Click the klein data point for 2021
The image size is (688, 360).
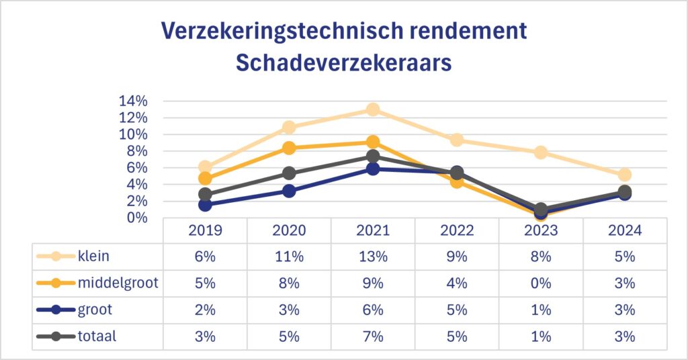click(373, 109)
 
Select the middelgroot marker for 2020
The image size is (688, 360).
click(289, 148)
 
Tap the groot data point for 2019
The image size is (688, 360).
click(205, 204)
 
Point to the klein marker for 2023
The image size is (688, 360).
click(541, 152)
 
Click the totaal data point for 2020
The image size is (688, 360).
click(289, 173)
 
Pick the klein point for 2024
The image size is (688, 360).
click(625, 175)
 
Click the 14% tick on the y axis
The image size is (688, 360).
click(133, 101)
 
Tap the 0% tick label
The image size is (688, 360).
click(136, 218)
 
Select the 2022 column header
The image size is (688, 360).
click(457, 230)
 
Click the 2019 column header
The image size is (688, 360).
click(205, 230)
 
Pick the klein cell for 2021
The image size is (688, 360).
click(373, 256)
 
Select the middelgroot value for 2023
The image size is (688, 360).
click(541, 283)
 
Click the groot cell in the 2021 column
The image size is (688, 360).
click(373, 310)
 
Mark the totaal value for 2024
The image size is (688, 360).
click(625, 336)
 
